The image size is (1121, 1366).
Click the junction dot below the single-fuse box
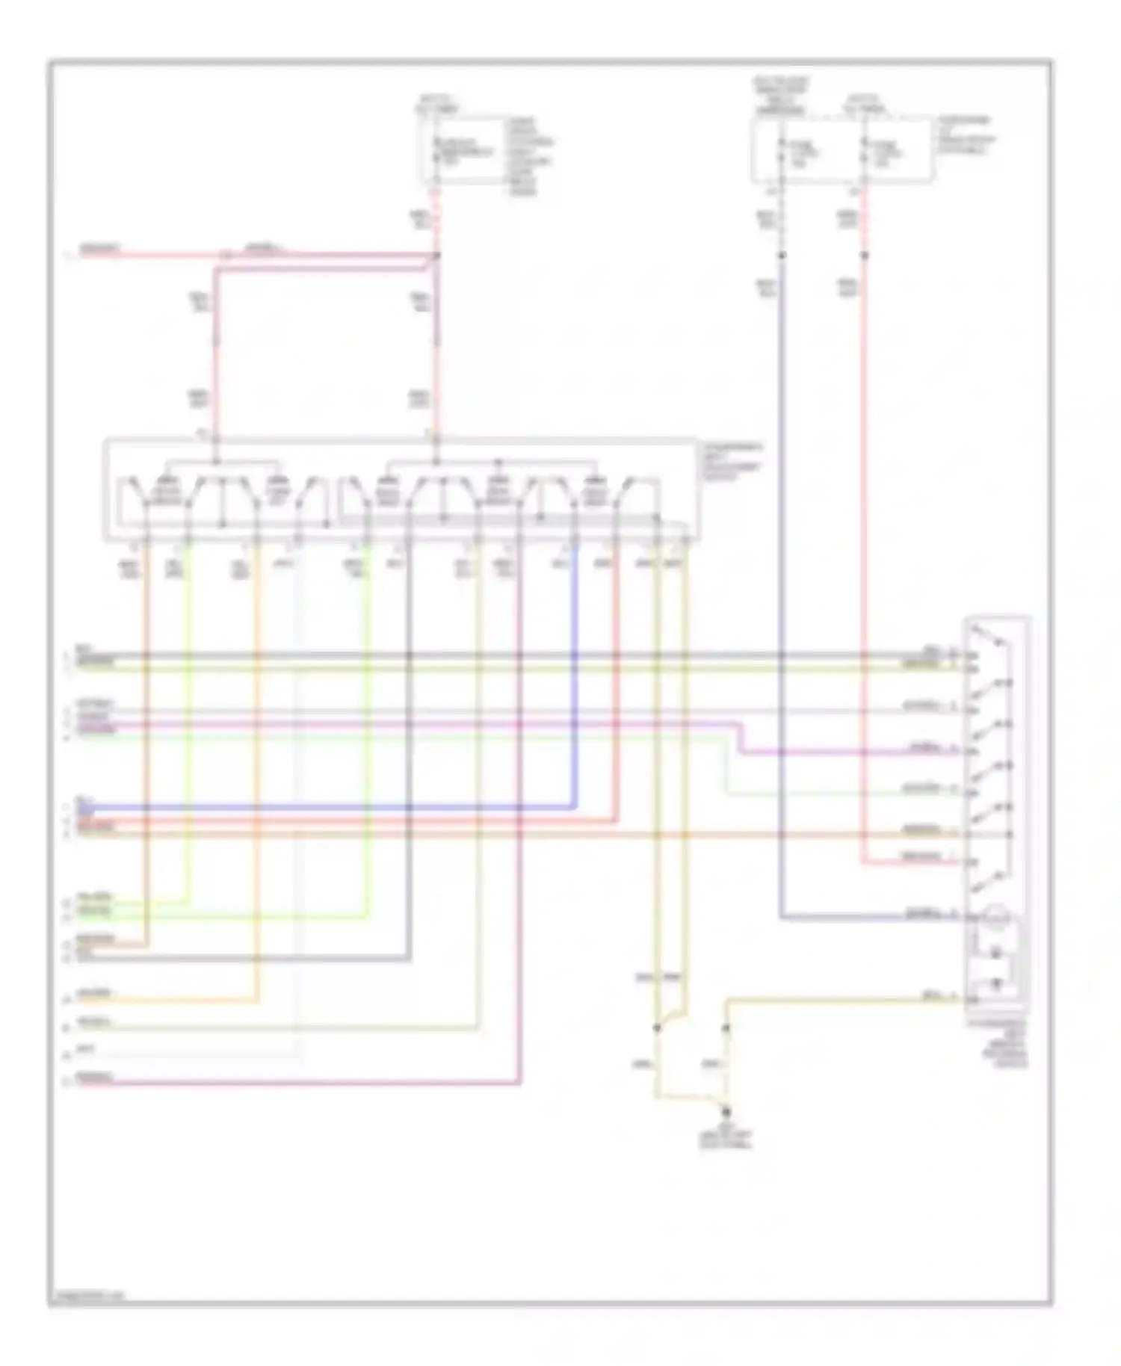coord(437,256)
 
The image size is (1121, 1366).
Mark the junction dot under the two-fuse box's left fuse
coord(782,256)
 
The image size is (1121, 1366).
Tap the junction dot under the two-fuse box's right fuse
coord(865,256)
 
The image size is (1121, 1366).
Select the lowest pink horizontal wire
coord(299,1082)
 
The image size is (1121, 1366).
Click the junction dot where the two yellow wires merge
coord(658,1028)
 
